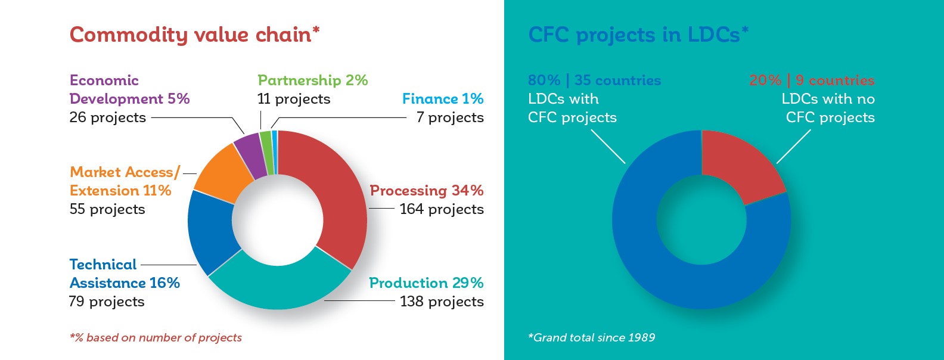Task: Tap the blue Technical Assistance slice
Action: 211,232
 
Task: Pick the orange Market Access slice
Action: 221,173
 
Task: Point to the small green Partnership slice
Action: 267,153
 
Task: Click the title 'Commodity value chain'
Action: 194,35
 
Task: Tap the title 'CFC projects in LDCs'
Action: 638,35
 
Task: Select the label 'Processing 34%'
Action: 427,191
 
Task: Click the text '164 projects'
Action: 442,209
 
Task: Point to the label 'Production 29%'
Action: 426,283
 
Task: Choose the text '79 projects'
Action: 107,302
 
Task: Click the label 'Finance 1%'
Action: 442,98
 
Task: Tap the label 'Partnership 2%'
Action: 313,80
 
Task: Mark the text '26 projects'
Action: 107,117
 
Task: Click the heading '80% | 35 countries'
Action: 595,80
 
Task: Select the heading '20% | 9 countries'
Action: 812,80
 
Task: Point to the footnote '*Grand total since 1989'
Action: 591,338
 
